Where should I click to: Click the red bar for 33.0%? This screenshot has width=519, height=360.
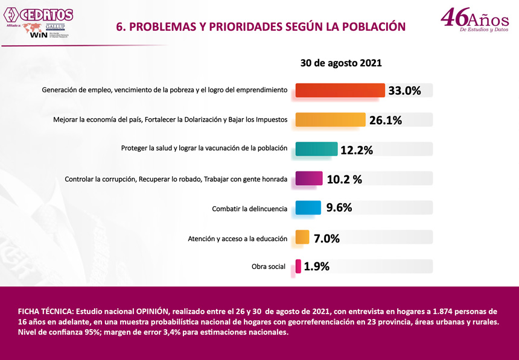[340, 90]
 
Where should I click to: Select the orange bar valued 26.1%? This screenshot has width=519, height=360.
[330, 119]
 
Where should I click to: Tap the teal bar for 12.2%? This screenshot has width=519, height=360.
[316, 149]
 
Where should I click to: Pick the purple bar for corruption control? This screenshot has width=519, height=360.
[309, 178]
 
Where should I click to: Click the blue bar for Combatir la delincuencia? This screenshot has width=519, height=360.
[308, 207]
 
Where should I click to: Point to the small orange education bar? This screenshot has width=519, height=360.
[302, 238]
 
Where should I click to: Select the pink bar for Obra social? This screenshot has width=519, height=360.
[298, 266]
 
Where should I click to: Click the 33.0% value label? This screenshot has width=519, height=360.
[404, 90]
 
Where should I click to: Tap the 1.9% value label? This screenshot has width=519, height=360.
[316, 267]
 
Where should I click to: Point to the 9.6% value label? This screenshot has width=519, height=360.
[339, 207]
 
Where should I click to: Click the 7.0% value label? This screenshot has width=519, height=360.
[326, 238]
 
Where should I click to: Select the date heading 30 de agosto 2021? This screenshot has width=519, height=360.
[341, 63]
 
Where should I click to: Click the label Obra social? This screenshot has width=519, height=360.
[269, 267]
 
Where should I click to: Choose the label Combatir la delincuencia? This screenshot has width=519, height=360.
[249, 209]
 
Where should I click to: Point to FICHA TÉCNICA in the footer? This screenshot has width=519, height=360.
[46, 311]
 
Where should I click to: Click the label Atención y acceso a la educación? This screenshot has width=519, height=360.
[237, 239]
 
